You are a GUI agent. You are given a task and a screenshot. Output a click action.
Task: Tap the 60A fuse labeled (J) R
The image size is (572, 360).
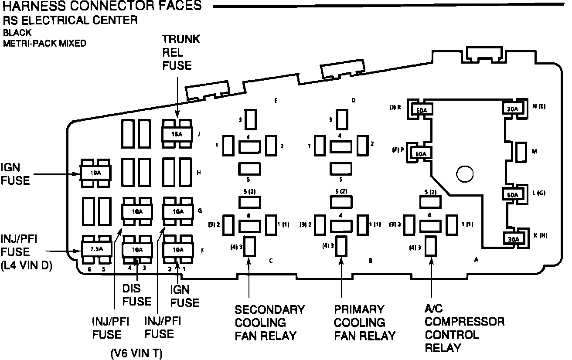coord(422,111)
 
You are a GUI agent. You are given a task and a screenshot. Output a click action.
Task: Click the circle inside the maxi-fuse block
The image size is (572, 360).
coord(465,174)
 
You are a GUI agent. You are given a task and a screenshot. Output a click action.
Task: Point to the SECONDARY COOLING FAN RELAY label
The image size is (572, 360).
coord(269,323)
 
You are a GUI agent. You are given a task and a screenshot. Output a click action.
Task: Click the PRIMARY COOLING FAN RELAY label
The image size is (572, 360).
coord(364,323)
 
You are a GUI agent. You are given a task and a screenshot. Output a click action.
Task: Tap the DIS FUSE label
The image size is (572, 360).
coord(136,294)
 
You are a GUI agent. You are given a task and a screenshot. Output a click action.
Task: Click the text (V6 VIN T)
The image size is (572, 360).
coord(136,353)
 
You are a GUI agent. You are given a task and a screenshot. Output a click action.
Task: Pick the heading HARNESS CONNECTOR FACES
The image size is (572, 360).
coord(101,6)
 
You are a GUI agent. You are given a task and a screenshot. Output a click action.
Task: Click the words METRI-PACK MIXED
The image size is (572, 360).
coord(44,43)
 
